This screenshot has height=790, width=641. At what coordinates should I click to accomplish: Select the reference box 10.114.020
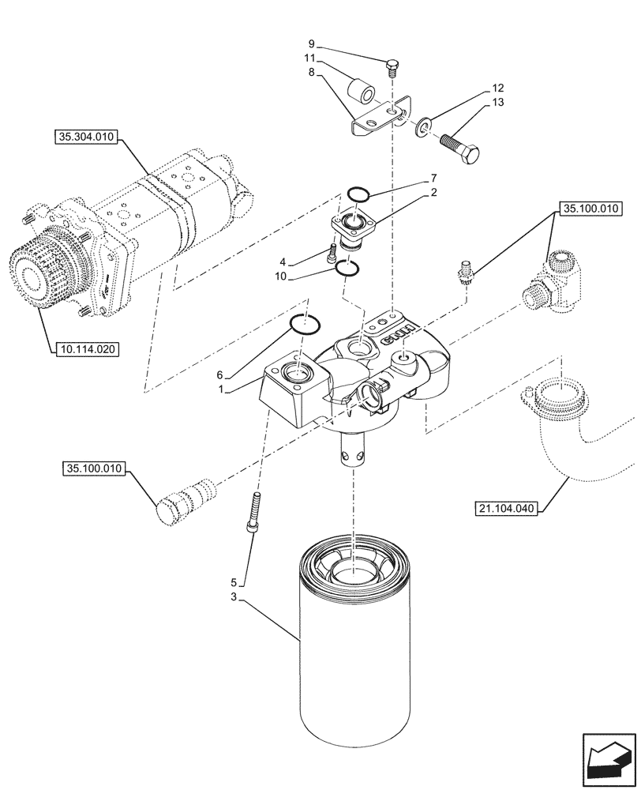tap(86, 348)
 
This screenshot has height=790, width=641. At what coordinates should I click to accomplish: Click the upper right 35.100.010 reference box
tap(591, 209)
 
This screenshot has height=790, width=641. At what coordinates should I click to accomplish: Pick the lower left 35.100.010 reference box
tap(92, 469)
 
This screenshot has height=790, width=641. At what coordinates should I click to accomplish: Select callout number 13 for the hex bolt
tap(497, 103)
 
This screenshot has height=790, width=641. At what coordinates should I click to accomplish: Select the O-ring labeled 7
tap(359, 194)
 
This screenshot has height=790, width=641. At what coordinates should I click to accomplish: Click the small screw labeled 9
tap(392, 68)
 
